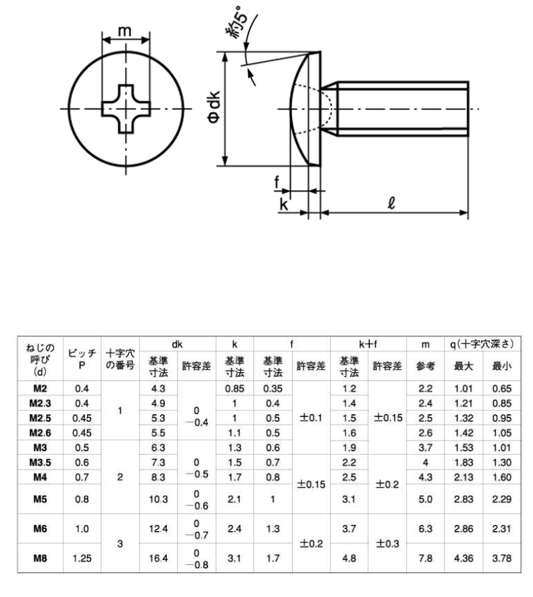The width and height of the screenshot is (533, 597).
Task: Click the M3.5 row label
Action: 40,462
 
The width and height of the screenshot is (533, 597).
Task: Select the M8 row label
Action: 40,558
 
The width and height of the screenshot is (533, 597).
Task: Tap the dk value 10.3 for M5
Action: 158,499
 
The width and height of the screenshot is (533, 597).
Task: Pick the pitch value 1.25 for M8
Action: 82,558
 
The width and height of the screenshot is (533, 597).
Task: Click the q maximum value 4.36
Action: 464,558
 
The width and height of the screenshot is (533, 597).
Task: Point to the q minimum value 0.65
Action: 501,389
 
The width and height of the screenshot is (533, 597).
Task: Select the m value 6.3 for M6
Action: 425,529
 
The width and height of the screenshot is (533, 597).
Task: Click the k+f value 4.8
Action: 349,558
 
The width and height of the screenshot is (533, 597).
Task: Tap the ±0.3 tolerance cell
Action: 387,544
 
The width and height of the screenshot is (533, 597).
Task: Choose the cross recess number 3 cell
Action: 120,544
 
